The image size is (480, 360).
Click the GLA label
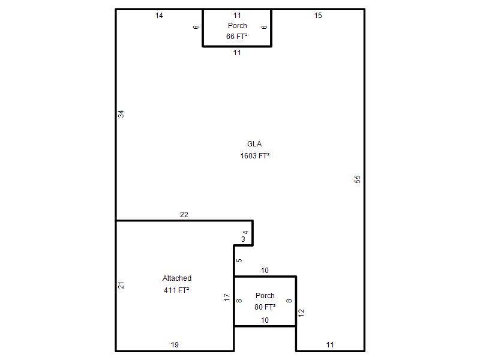coord(254,144)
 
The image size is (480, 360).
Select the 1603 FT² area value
coord(254,156)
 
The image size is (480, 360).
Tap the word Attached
coord(177,278)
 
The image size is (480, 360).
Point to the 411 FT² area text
coord(176,290)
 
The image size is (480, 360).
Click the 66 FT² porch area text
coord(236,37)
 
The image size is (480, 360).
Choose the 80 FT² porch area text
coord(265,307)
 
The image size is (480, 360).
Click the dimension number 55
coord(358,179)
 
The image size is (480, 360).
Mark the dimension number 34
coord(121,114)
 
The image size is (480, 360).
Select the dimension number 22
coord(184,215)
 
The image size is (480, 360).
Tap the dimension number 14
coord(159,16)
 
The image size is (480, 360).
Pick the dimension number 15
coord(318,16)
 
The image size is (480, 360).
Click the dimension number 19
coord(175,345)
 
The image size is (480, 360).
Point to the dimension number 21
coord(121,285)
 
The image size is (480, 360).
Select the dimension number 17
coord(227,297)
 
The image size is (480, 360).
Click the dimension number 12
coord(301,313)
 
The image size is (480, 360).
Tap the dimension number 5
coord(239,260)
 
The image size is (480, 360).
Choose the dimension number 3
coord(243,239)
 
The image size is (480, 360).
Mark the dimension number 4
coord(245,233)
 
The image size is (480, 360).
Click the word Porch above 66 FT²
coord(237,26)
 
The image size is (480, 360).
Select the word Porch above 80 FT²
coord(265,296)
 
